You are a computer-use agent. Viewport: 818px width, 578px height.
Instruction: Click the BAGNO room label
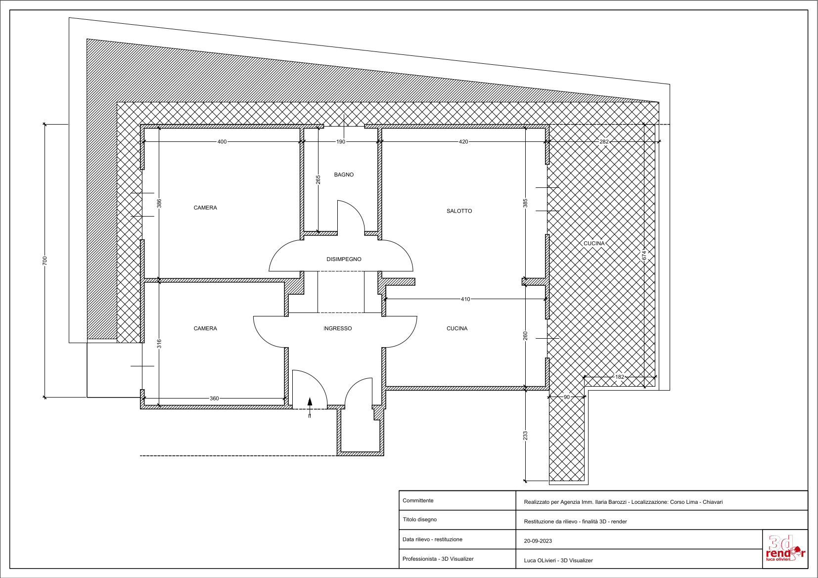344,175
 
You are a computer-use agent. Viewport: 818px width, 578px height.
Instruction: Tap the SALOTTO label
459,211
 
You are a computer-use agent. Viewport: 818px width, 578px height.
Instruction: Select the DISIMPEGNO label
344,259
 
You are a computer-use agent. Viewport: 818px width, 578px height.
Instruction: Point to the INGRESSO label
338,329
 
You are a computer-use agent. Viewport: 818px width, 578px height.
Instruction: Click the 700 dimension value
45,261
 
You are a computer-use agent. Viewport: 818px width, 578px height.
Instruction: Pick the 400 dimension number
222,142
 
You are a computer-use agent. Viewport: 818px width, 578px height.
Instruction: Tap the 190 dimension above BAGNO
341,142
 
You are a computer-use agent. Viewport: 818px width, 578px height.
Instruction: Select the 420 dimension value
463,142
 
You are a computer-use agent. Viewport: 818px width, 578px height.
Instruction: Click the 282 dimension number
604,142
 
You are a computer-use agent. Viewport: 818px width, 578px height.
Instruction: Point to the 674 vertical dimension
644,255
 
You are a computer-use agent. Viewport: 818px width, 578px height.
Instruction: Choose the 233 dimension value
525,436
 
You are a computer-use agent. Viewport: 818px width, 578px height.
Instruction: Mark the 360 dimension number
214,399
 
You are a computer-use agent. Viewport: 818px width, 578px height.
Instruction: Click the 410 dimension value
465,299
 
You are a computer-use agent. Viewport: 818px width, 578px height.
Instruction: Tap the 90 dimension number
567,397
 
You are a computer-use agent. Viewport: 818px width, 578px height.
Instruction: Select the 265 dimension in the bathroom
318,179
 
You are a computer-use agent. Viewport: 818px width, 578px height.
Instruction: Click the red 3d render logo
785,548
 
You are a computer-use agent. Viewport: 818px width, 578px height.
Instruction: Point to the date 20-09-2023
538,541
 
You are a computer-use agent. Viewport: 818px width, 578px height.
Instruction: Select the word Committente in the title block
418,500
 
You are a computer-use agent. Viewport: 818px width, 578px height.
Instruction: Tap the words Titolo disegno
419,520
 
